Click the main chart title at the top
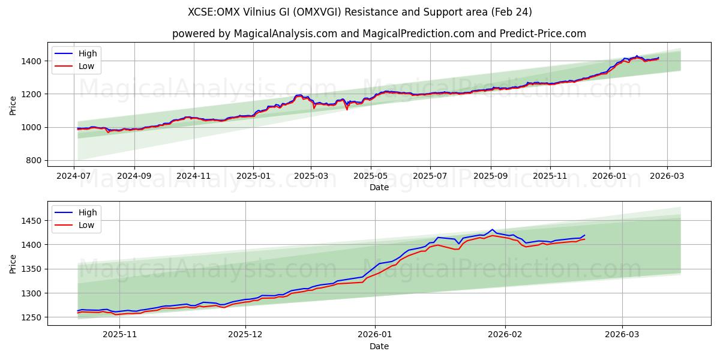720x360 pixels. pos(360,12)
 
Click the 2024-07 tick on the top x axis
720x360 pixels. pos(74,176)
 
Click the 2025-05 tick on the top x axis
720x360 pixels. pos(370,176)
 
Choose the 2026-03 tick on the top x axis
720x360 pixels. pos(666,176)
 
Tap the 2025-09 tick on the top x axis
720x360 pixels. pos(490,176)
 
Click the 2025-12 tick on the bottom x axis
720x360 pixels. pos(246,335)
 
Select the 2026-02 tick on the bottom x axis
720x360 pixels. pos(505,335)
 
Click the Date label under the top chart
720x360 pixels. pos(379,187)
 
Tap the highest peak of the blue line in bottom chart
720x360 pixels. pos(492,229)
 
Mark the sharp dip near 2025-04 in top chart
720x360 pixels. pos(347,109)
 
